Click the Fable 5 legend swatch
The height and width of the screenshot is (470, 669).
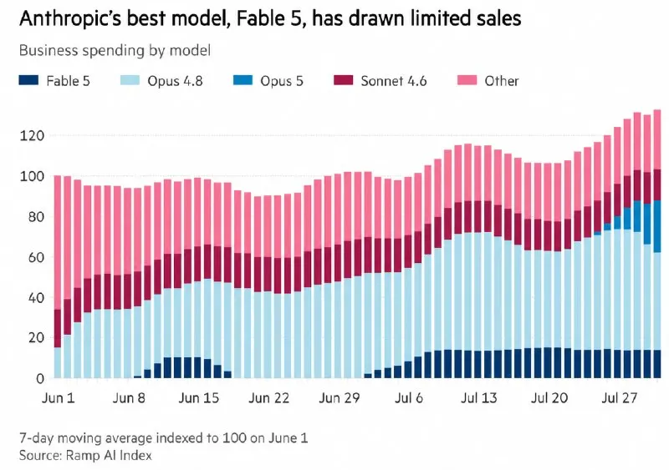coord(28,80)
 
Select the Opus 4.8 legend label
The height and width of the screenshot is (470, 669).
coord(175,81)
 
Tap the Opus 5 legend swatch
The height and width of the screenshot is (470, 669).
coord(243,80)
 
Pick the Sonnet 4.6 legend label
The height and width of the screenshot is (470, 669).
coord(393,81)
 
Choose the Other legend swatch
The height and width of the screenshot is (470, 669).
coord(467,80)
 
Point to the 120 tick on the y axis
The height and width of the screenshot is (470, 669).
coord(32,136)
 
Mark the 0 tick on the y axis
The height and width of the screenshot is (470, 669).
coord(40,378)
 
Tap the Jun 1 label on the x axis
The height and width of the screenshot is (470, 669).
coord(58,398)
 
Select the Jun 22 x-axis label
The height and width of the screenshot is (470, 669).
coord(268,398)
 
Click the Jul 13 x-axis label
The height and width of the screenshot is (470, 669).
coord(478,398)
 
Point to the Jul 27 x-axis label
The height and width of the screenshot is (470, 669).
coord(619,398)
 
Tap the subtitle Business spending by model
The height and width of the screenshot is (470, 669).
coord(115,51)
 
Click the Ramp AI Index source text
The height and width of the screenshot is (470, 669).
coord(109,456)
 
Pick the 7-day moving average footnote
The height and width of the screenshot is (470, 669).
coord(163,438)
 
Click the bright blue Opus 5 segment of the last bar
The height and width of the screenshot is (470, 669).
coord(657,226)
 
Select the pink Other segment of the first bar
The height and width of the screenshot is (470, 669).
coord(58,242)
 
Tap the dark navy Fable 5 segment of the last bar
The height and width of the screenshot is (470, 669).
coord(657,364)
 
